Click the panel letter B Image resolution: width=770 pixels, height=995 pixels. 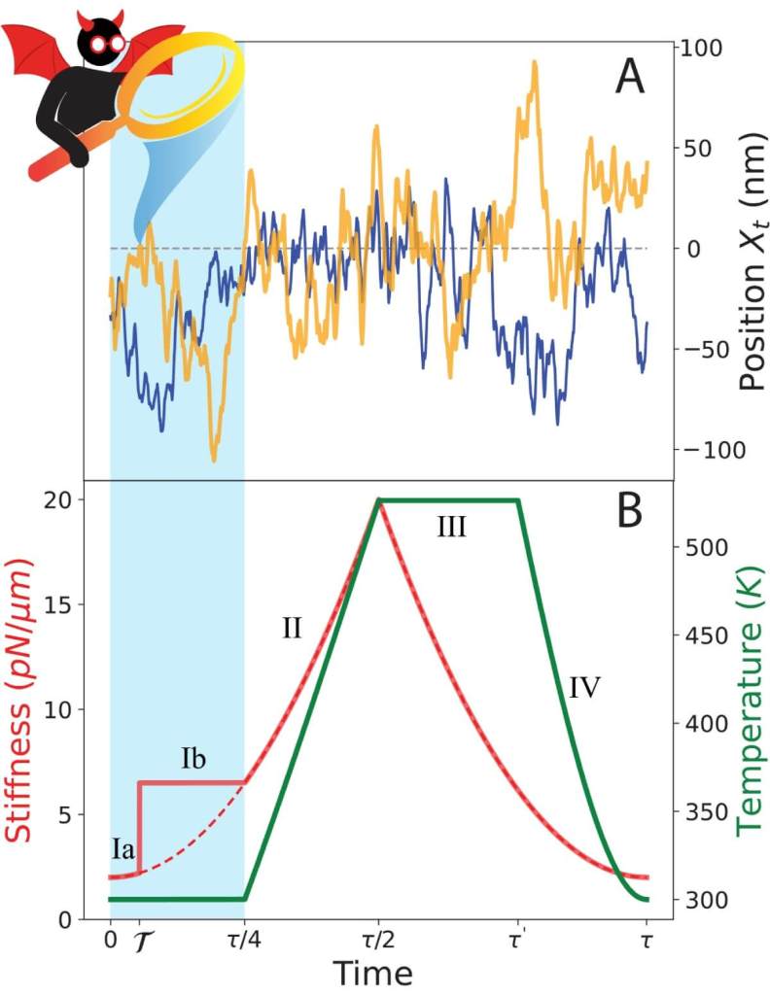coord(629,511)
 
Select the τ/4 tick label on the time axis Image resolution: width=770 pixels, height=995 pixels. coord(244,942)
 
